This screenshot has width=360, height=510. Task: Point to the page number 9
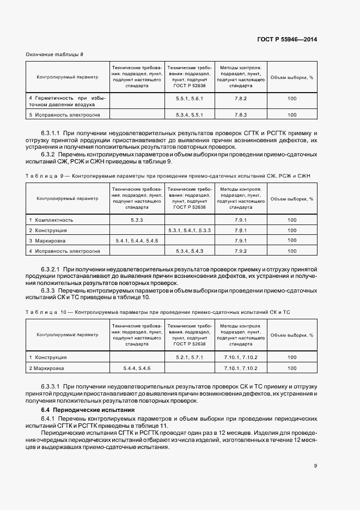[x=315, y=465]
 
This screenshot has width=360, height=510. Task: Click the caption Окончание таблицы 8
[x=55, y=54]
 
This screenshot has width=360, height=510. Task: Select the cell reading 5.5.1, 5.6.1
[x=190, y=99]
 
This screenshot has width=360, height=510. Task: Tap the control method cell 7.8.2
[x=241, y=99]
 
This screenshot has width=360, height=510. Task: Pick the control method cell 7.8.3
[x=241, y=115]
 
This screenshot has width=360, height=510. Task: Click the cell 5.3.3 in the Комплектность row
[x=137, y=220]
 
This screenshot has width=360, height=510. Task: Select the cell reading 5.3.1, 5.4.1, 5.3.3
[x=190, y=230]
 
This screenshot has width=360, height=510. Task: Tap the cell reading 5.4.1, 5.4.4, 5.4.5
[x=137, y=240]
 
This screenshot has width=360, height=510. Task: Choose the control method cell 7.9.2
[x=241, y=251]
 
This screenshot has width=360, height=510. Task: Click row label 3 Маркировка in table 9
[x=51, y=240]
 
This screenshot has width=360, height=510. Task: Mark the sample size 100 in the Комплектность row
[x=292, y=220]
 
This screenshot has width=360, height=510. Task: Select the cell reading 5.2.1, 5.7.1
[x=190, y=357]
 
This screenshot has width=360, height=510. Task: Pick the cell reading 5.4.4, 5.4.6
[x=137, y=368]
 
